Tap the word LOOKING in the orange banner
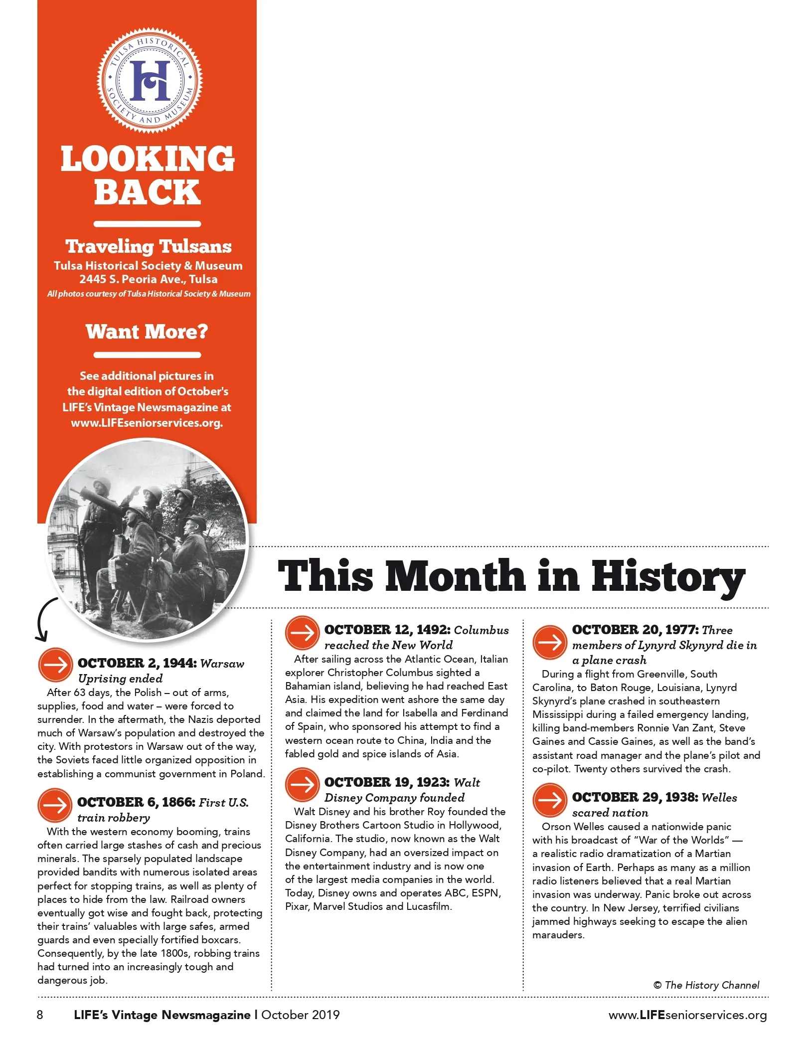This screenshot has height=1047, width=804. (148, 160)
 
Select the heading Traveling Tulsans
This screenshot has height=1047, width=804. (149, 246)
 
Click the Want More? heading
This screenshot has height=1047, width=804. (147, 332)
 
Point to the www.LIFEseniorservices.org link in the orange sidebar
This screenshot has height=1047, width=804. (147, 423)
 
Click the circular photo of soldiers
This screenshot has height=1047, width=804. (148, 540)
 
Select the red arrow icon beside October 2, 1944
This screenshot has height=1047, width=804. (55, 665)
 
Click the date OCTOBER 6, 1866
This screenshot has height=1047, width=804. (136, 802)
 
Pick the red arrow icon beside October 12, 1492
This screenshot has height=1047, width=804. (302, 633)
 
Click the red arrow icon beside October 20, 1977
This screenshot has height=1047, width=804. (550, 642)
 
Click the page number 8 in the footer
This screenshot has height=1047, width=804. (40, 1015)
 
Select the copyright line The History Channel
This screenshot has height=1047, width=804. (706, 985)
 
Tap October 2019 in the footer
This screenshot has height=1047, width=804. (300, 1015)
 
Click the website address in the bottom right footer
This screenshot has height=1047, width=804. (687, 1015)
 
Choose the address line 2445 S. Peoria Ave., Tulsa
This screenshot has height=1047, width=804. (148, 279)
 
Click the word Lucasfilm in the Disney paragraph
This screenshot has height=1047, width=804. (428, 906)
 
